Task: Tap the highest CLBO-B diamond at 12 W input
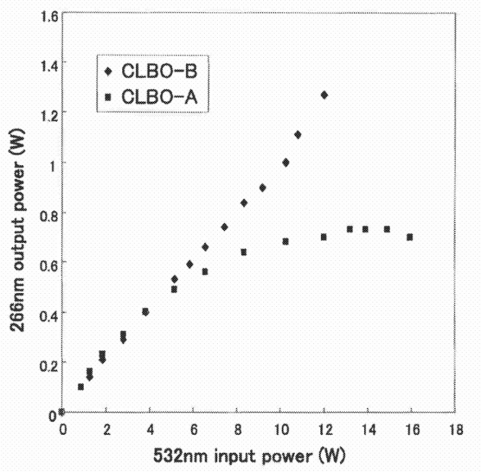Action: point(324,95)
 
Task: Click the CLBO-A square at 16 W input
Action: point(410,237)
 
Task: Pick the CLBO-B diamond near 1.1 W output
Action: point(298,135)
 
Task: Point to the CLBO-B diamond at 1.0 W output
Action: point(286,162)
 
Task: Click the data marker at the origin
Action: point(62,412)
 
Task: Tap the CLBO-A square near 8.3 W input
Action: point(244,253)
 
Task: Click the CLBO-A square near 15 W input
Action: point(388,230)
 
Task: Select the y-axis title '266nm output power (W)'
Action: point(16,215)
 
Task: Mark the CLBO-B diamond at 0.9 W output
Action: point(262,188)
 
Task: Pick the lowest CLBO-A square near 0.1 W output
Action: point(81,387)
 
